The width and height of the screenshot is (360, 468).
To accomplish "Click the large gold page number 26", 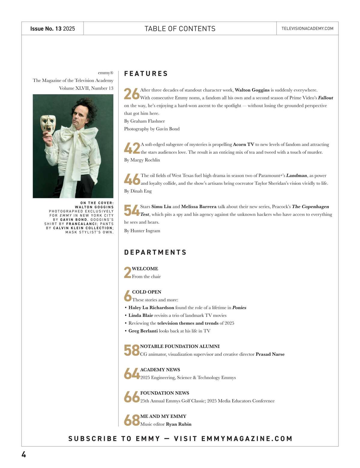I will click(x=132, y=94).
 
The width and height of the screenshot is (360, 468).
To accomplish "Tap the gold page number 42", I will click(x=132, y=148).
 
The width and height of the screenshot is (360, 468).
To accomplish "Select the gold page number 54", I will click(x=132, y=211).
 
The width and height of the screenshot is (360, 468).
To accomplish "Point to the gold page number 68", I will click(x=132, y=420).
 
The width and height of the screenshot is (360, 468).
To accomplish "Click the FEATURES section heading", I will click(x=146, y=74).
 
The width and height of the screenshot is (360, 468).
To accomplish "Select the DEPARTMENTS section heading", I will click(x=155, y=252).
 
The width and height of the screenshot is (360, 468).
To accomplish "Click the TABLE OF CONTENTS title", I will click(x=180, y=29).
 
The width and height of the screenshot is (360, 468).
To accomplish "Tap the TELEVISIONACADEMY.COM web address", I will click(x=307, y=29).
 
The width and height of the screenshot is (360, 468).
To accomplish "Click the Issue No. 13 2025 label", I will click(x=52, y=29).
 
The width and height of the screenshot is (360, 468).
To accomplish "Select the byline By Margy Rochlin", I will click(x=142, y=160).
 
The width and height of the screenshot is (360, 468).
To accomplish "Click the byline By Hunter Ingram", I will click(x=142, y=231).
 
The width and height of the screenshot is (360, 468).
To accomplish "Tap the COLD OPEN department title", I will click(x=147, y=292).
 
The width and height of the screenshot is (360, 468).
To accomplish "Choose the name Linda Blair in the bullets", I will click(x=141, y=315).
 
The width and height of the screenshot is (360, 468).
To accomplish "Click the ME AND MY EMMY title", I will click(x=163, y=416).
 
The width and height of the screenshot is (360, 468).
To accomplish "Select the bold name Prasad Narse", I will click(x=270, y=354).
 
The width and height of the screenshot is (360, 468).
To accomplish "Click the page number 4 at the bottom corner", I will click(x=24, y=454).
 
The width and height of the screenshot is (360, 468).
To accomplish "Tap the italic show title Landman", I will click(x=296, y=176).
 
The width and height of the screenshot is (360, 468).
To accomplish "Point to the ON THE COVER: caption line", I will click(x=97, y=203).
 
